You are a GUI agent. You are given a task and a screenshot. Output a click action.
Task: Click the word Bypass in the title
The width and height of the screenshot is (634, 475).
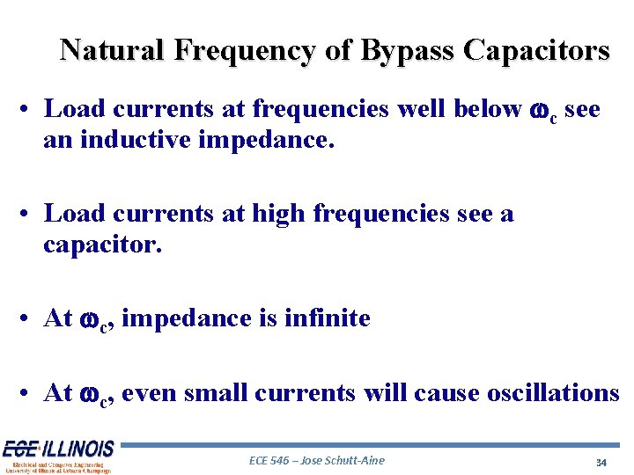point(402,50)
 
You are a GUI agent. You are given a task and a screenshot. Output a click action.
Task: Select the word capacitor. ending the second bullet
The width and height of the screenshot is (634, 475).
point(103,243)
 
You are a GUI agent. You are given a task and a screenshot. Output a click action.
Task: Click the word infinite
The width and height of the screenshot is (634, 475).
point(328,318)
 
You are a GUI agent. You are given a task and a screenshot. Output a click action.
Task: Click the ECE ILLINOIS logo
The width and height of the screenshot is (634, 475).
point(58,456)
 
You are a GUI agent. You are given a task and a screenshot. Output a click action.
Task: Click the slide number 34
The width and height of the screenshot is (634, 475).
point(601,462)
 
